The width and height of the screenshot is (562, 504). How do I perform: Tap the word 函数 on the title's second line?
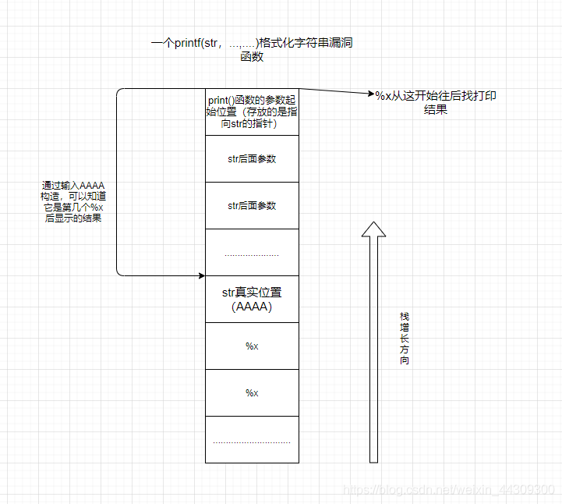pos(252,57)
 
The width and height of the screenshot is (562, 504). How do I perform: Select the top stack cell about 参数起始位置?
pos(252,112)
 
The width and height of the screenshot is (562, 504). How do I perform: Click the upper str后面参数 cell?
pos(252,158)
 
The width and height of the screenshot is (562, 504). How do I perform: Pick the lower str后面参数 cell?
pos(252,205)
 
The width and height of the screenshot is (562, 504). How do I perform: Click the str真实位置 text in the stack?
pos(252,293)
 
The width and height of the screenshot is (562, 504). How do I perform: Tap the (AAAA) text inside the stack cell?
pos(252,307)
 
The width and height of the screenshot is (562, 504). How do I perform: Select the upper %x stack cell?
pos(252,346)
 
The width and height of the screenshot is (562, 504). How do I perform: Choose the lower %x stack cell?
pos(252,392)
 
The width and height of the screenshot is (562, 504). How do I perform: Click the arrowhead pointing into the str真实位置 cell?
pos(201,275)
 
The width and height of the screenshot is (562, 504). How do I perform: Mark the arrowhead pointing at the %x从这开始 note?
pos(369,94)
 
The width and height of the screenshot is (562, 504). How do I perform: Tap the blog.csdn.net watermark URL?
pos(449,489)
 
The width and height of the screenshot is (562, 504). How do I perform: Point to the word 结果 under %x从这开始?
pos(435,110)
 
